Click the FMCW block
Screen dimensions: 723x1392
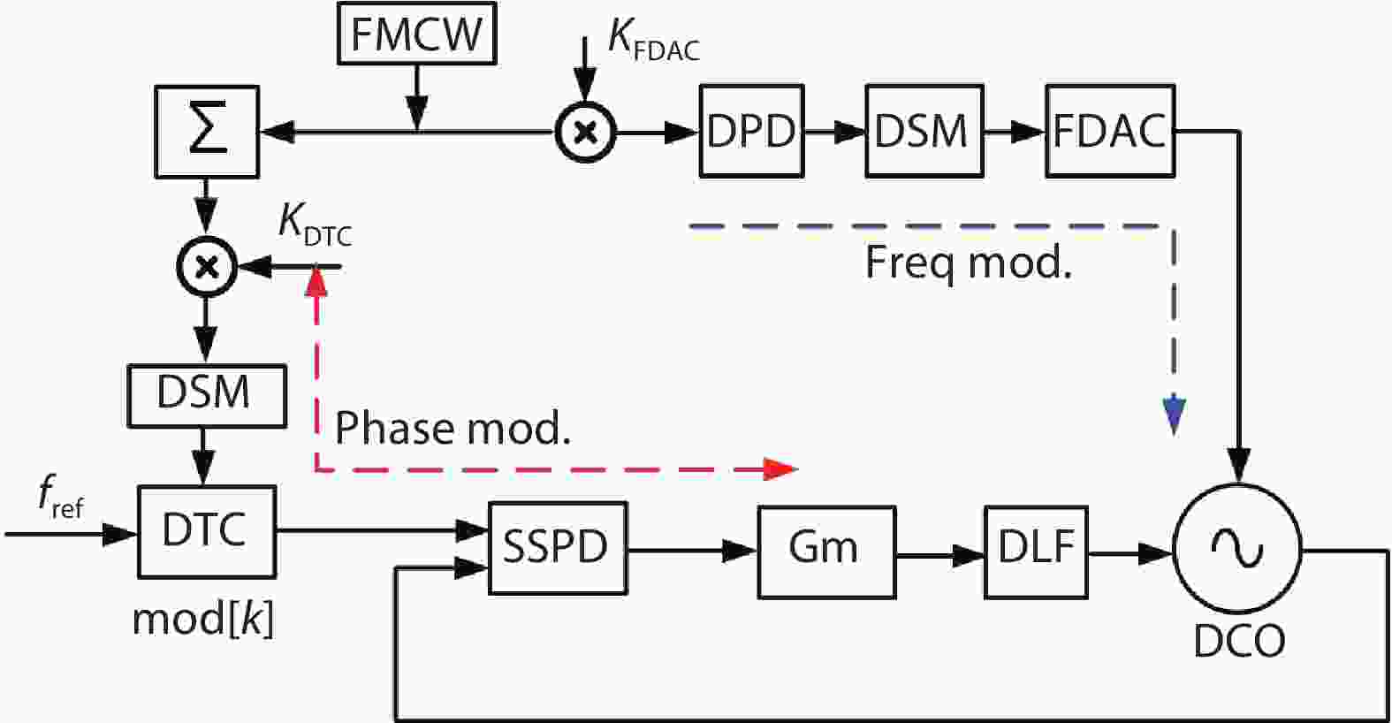(x=416, y=35)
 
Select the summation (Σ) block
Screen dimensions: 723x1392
(x=207, y=132)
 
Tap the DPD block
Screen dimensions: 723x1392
(x=751, y=132)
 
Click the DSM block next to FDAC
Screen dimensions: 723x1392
(x=924, y=132)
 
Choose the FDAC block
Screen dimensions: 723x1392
(x=1110, y=132)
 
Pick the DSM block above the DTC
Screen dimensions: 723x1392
(x=206, y=394)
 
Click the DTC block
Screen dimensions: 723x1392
(x=206, y=531)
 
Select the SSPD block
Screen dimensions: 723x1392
(x=557, y=548)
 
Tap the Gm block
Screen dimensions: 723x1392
(x=825, y=551)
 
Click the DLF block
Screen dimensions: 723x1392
(x=1036, y=551)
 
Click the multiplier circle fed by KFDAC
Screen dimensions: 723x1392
(x=585, y=133)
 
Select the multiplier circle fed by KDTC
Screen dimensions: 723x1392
(x=207, y=266)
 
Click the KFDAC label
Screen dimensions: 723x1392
(x=652, y=41)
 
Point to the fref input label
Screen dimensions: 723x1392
(x=60, y=498)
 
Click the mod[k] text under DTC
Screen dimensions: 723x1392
(x=203, y=620)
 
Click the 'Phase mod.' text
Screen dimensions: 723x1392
(x=453, y=429)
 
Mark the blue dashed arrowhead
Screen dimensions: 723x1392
(x=1173, y=416)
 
